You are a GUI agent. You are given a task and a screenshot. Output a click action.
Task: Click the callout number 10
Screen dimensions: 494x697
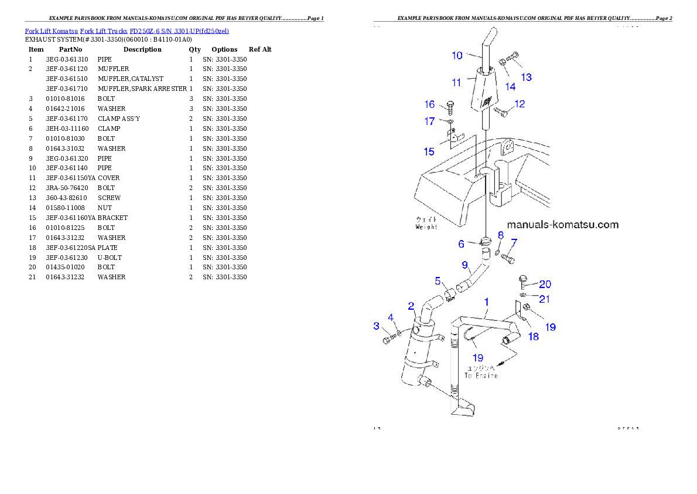click(x=457, y=55)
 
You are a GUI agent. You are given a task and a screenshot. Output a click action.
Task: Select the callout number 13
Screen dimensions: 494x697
click(x=526, y=77)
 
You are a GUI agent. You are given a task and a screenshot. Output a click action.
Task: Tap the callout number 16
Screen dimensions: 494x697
click(x=430, y=104)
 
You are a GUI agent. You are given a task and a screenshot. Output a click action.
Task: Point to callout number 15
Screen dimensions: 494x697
click(x=429, y=151)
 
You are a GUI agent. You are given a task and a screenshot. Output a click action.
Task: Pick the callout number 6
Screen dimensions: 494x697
click(x=461, y=243)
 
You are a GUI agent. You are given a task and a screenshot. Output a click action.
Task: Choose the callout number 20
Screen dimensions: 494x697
click(x=545, y=284)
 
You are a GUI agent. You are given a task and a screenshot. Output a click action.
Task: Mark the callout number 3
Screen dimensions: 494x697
click(x=377, y=326)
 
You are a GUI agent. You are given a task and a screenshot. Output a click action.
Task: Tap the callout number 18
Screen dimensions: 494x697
click(x=534, y=336)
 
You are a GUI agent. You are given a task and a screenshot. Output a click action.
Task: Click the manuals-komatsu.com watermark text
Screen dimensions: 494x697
click(x=562, y=225)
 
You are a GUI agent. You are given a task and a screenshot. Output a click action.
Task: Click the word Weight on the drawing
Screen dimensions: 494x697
click(x=426, y=226)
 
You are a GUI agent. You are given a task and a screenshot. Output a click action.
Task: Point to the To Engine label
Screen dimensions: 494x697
click(x=481, y=375)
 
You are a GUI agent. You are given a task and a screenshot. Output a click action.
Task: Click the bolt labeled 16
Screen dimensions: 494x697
click(x=450, y=107)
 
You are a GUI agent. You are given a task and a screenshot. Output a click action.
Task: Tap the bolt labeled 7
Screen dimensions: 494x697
click(x=508, y=258)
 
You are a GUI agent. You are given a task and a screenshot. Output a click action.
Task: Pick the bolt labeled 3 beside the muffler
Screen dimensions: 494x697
click(x=388, y=339)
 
